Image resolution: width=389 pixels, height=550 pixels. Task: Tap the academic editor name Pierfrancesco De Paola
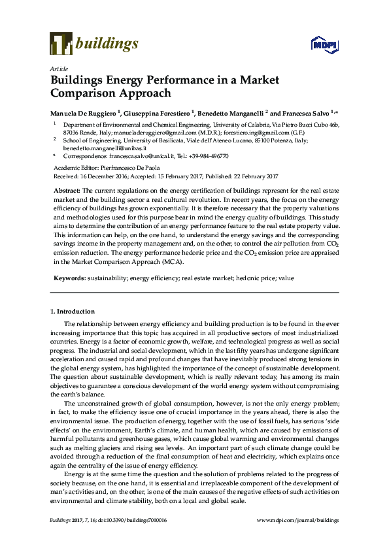142,168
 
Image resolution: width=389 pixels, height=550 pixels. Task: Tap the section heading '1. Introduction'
73,312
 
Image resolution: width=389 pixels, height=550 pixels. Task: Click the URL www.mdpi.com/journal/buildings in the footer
297,520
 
